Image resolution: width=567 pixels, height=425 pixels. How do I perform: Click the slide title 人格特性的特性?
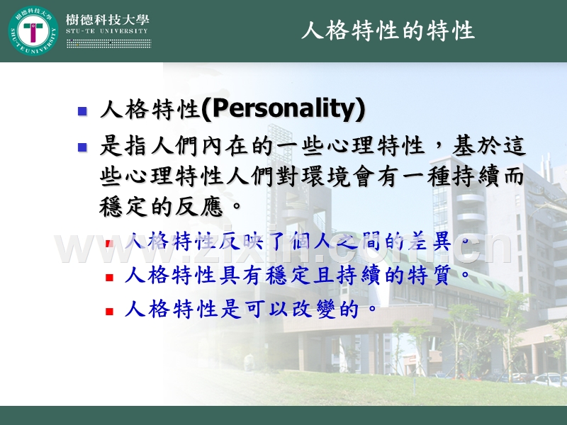388,31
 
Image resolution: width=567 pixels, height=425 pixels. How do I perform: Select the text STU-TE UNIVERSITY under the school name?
106,31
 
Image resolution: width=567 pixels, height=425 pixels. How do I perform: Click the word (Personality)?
283,109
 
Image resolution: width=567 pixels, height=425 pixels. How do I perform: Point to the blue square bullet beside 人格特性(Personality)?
82,111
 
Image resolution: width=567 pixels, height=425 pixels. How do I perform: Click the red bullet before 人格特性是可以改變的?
109,311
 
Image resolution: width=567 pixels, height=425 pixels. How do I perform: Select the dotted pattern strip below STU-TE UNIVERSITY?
108,43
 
